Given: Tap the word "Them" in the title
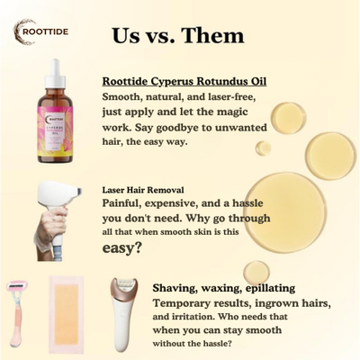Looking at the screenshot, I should [211, 36].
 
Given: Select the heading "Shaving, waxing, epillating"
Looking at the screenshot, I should [221, 286].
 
